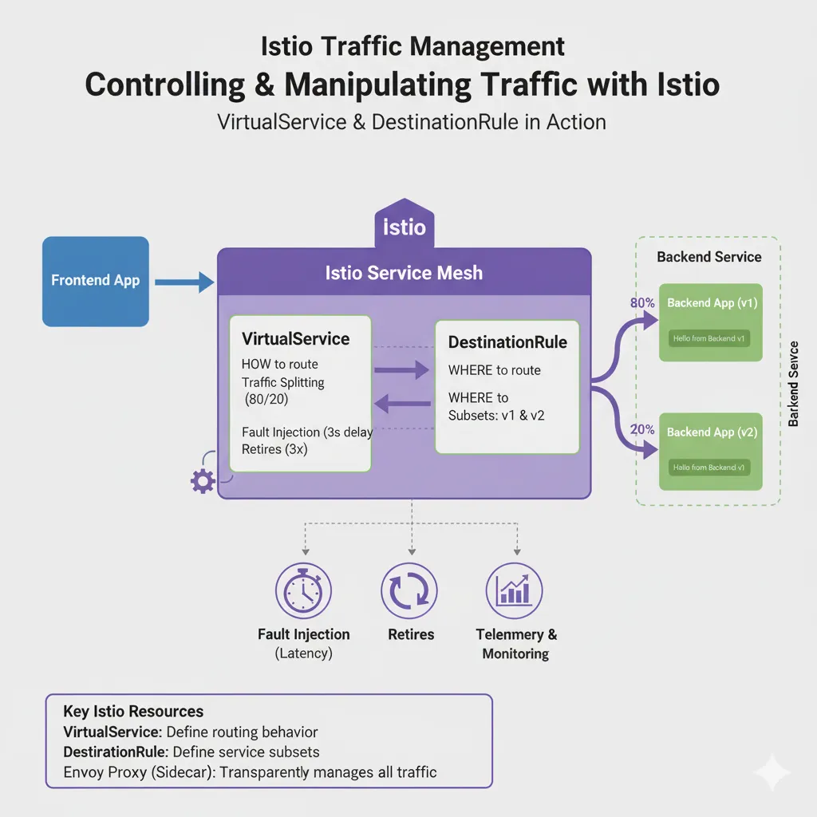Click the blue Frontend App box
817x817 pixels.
point(95,281)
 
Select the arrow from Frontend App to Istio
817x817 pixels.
point(184,281)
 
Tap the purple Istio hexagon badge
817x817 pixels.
point(404,225)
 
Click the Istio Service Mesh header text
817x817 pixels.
point(404,273)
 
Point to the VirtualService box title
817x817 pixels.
point(295,338)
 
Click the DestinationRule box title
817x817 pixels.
point(507,342)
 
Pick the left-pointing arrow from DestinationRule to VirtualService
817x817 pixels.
point(403,405)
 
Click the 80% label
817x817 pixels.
point(642,303)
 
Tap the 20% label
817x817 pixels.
point(642,430)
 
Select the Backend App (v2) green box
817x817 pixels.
point(710,451)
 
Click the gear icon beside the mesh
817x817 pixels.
point(203,480)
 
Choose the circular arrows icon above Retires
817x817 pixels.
point(409,591)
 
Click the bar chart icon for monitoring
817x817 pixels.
point(514,591)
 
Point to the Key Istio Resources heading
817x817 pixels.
point(133,711)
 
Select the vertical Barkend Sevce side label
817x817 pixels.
point(792,384)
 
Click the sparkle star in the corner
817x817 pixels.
point(772,771)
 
